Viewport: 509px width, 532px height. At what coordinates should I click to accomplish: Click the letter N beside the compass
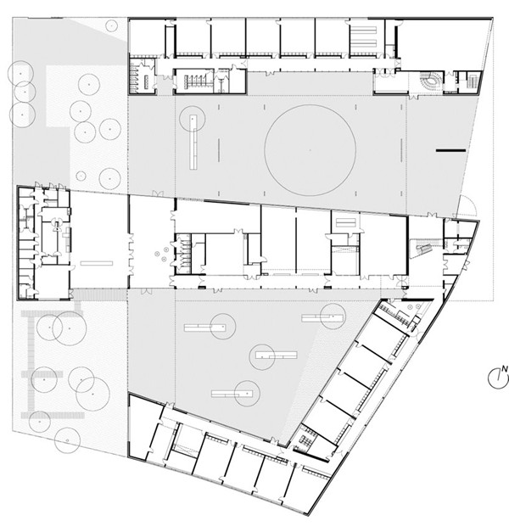click(505, 369)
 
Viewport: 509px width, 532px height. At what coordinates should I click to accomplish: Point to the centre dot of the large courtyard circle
click(310, 150)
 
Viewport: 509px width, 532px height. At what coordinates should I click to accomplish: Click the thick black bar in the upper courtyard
click(450, 150)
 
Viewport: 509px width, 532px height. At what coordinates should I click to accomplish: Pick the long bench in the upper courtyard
click(193, 143)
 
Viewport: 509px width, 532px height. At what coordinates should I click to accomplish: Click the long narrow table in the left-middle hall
click(97, 263)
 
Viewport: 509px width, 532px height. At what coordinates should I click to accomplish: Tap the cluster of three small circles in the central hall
click(161, 254)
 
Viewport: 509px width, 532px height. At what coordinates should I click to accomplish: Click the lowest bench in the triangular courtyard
click(232, 394)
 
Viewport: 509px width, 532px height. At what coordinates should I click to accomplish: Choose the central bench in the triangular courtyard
click(277, 356)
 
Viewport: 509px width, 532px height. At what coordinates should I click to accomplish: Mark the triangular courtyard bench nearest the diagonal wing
click(322, 318)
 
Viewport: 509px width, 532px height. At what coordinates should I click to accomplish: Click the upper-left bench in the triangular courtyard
click(205, 328)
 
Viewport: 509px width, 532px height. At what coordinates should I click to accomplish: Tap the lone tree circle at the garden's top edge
click(111, 25)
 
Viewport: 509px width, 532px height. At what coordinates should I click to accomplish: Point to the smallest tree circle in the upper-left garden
click(81, 176)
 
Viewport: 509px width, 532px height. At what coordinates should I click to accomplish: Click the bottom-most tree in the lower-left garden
click(67, 440)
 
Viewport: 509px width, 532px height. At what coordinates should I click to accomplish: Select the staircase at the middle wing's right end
click(423, 248)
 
